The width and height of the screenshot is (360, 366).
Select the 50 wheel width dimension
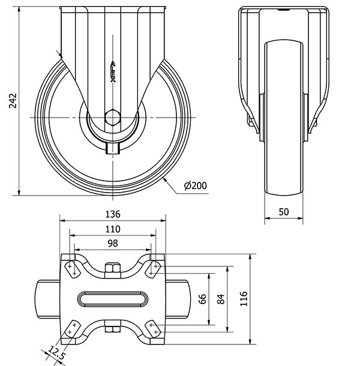coord(284,211)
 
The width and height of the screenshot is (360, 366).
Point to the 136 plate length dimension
coord(113,214)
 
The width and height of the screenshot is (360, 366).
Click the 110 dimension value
coord(113,229)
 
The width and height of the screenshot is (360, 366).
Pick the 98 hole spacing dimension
coord(113,242)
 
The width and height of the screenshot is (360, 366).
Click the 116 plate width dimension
coord(242,299)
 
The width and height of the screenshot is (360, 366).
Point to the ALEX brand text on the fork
coord(113,71)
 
